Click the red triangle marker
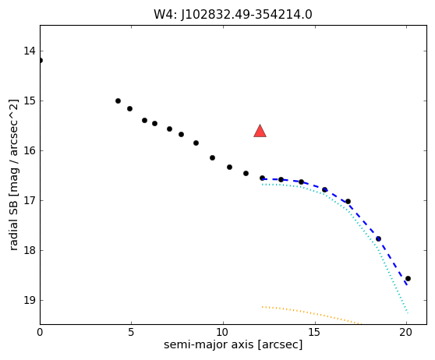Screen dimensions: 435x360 tap(260, 132)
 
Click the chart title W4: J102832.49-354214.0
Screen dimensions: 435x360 tap(233, 15)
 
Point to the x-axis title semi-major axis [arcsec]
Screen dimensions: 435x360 tap(233, 344)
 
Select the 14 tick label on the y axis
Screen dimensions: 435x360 tap(30, 51)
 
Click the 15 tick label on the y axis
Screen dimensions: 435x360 tap(30, 101)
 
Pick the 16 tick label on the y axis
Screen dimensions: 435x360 tap(30, 151)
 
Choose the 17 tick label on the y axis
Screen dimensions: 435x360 tap(30, 200)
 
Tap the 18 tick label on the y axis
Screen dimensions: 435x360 tap(30, 250)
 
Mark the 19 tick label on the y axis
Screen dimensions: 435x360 tap(30, 300)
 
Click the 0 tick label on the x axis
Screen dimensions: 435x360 tap(40, 332)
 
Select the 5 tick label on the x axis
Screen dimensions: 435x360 tap(131, 332)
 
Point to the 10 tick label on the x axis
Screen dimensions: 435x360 tap(223, 332)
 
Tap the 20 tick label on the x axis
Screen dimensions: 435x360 tap(406, 332)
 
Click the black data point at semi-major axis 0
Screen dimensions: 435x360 tap(41, 61)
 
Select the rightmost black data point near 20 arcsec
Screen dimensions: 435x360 tap(408, 278)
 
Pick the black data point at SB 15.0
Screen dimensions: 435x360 tap(118, 101)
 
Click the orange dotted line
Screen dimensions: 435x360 tap(312, 314)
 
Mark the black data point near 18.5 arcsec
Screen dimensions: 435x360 tap(378, 238)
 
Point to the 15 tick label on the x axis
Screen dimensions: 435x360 tap(315, 332)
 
